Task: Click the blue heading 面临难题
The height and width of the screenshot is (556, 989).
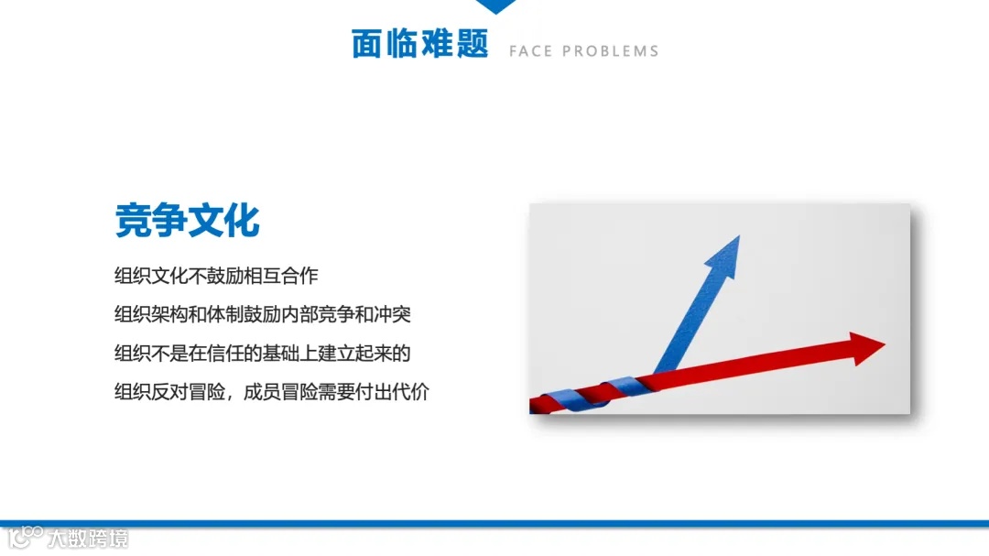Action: pos(420,43)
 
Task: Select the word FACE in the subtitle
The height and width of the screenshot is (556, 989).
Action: pos(530,51)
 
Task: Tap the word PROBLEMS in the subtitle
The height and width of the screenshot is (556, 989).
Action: pos(611,51)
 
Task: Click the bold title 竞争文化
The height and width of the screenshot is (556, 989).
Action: pos(187,221)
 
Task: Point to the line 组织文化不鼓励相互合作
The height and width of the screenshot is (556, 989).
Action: pos(216,275)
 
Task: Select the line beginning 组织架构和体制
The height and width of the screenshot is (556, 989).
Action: pos(263,314)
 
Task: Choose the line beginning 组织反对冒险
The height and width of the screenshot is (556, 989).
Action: pos(272,393)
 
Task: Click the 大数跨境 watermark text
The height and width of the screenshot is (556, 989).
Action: pos(89,539)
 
